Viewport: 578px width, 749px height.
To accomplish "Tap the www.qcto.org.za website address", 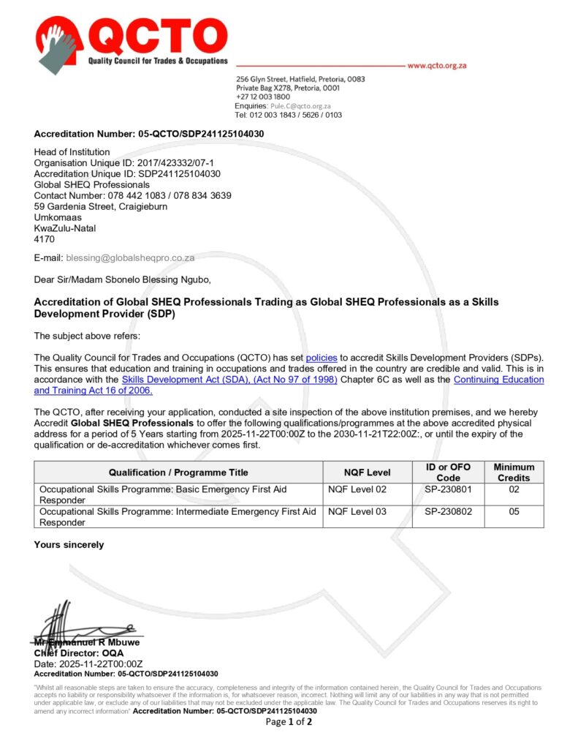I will [437, 65].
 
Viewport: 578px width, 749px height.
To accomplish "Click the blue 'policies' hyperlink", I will [322, 358].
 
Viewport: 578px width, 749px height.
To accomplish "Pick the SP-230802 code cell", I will [448, 512].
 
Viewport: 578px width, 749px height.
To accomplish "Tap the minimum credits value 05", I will [514, 512].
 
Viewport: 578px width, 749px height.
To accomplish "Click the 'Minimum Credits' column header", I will [514, 472].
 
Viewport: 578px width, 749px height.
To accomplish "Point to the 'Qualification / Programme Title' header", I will [178, 473].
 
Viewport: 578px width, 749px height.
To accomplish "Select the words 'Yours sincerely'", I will [69, 544].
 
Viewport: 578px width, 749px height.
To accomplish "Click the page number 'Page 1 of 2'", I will [289, 722].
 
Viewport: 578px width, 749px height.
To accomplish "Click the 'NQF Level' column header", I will [367, 473].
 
